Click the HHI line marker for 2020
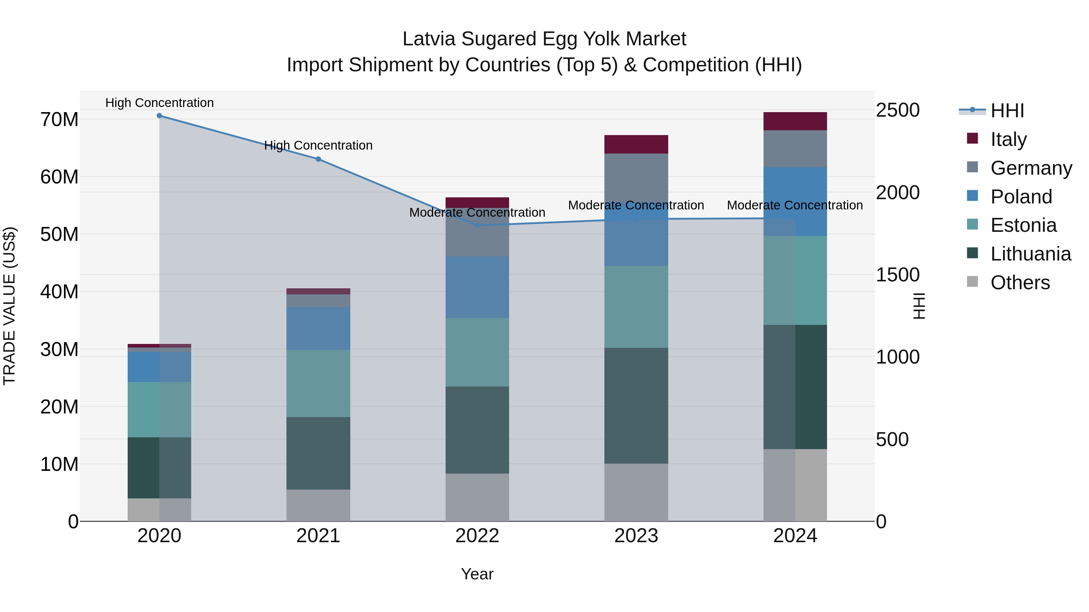(159, 116)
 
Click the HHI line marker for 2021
(318, 159)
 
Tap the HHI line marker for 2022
(477, 225)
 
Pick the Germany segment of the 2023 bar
(636, 182)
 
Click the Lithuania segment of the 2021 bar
(318, 453)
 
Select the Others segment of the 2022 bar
(477, 497)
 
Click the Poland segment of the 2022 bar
(477, 287)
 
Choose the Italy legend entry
(1008, 139)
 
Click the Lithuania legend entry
(1030, 254)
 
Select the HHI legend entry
(1007, 111)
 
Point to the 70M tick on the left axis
(59, 119)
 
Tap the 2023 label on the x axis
(636, 536)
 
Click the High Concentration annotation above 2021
(318, 145)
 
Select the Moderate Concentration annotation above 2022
(477, 212)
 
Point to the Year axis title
(477, 574)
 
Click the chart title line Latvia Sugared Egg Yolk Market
(544, 39)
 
